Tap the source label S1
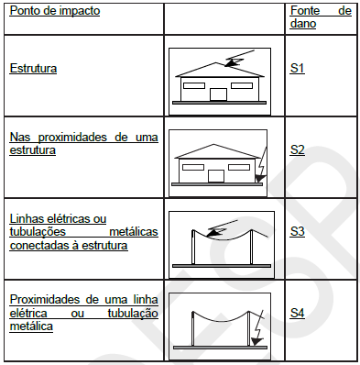tap(298, 69)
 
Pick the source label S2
tap(298, 149)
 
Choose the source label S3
tap(298, 231)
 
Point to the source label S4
tap(298, 314)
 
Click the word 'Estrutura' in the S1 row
tap(34, 69)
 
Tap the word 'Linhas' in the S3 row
tap(27, 219)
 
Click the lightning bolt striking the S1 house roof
tap(235, 61)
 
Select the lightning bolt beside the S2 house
tap(260, 167)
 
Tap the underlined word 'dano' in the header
tap(304, 23)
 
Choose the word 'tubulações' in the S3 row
tap(38, 232)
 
